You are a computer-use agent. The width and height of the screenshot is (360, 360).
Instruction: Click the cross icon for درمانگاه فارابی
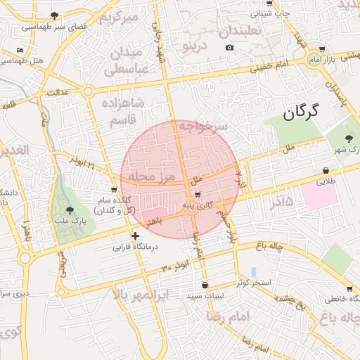pyautogui.click(x=136, y=236)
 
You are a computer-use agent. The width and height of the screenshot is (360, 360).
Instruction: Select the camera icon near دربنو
pyautogui.click(x=229, y=47)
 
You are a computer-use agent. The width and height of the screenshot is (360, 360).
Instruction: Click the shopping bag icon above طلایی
pyautogui.click(x=326, y=170)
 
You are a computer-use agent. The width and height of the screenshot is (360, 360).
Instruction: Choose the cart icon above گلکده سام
pyautogui.click(x=113, y=190)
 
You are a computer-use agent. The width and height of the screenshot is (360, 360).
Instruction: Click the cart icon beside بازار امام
pyautogui.click(x=321, y=49)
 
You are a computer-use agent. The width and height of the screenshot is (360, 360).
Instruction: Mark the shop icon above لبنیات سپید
pyautogui.click(x=205, y=285)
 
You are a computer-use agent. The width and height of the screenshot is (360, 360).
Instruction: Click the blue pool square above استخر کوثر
pyautogui.click(x=252, y=271)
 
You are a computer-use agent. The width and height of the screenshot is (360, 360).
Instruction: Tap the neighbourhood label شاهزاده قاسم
pyautogui.click(x=123, y=112)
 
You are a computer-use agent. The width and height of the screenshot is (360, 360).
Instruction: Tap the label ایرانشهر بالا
pyautogui.click(x=140, y=296)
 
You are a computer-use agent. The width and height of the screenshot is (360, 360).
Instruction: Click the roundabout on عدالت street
pyautogui.click(x=88, y=91)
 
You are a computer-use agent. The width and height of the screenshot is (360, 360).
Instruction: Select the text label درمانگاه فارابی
pyautogui.click(x=138, y=248)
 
